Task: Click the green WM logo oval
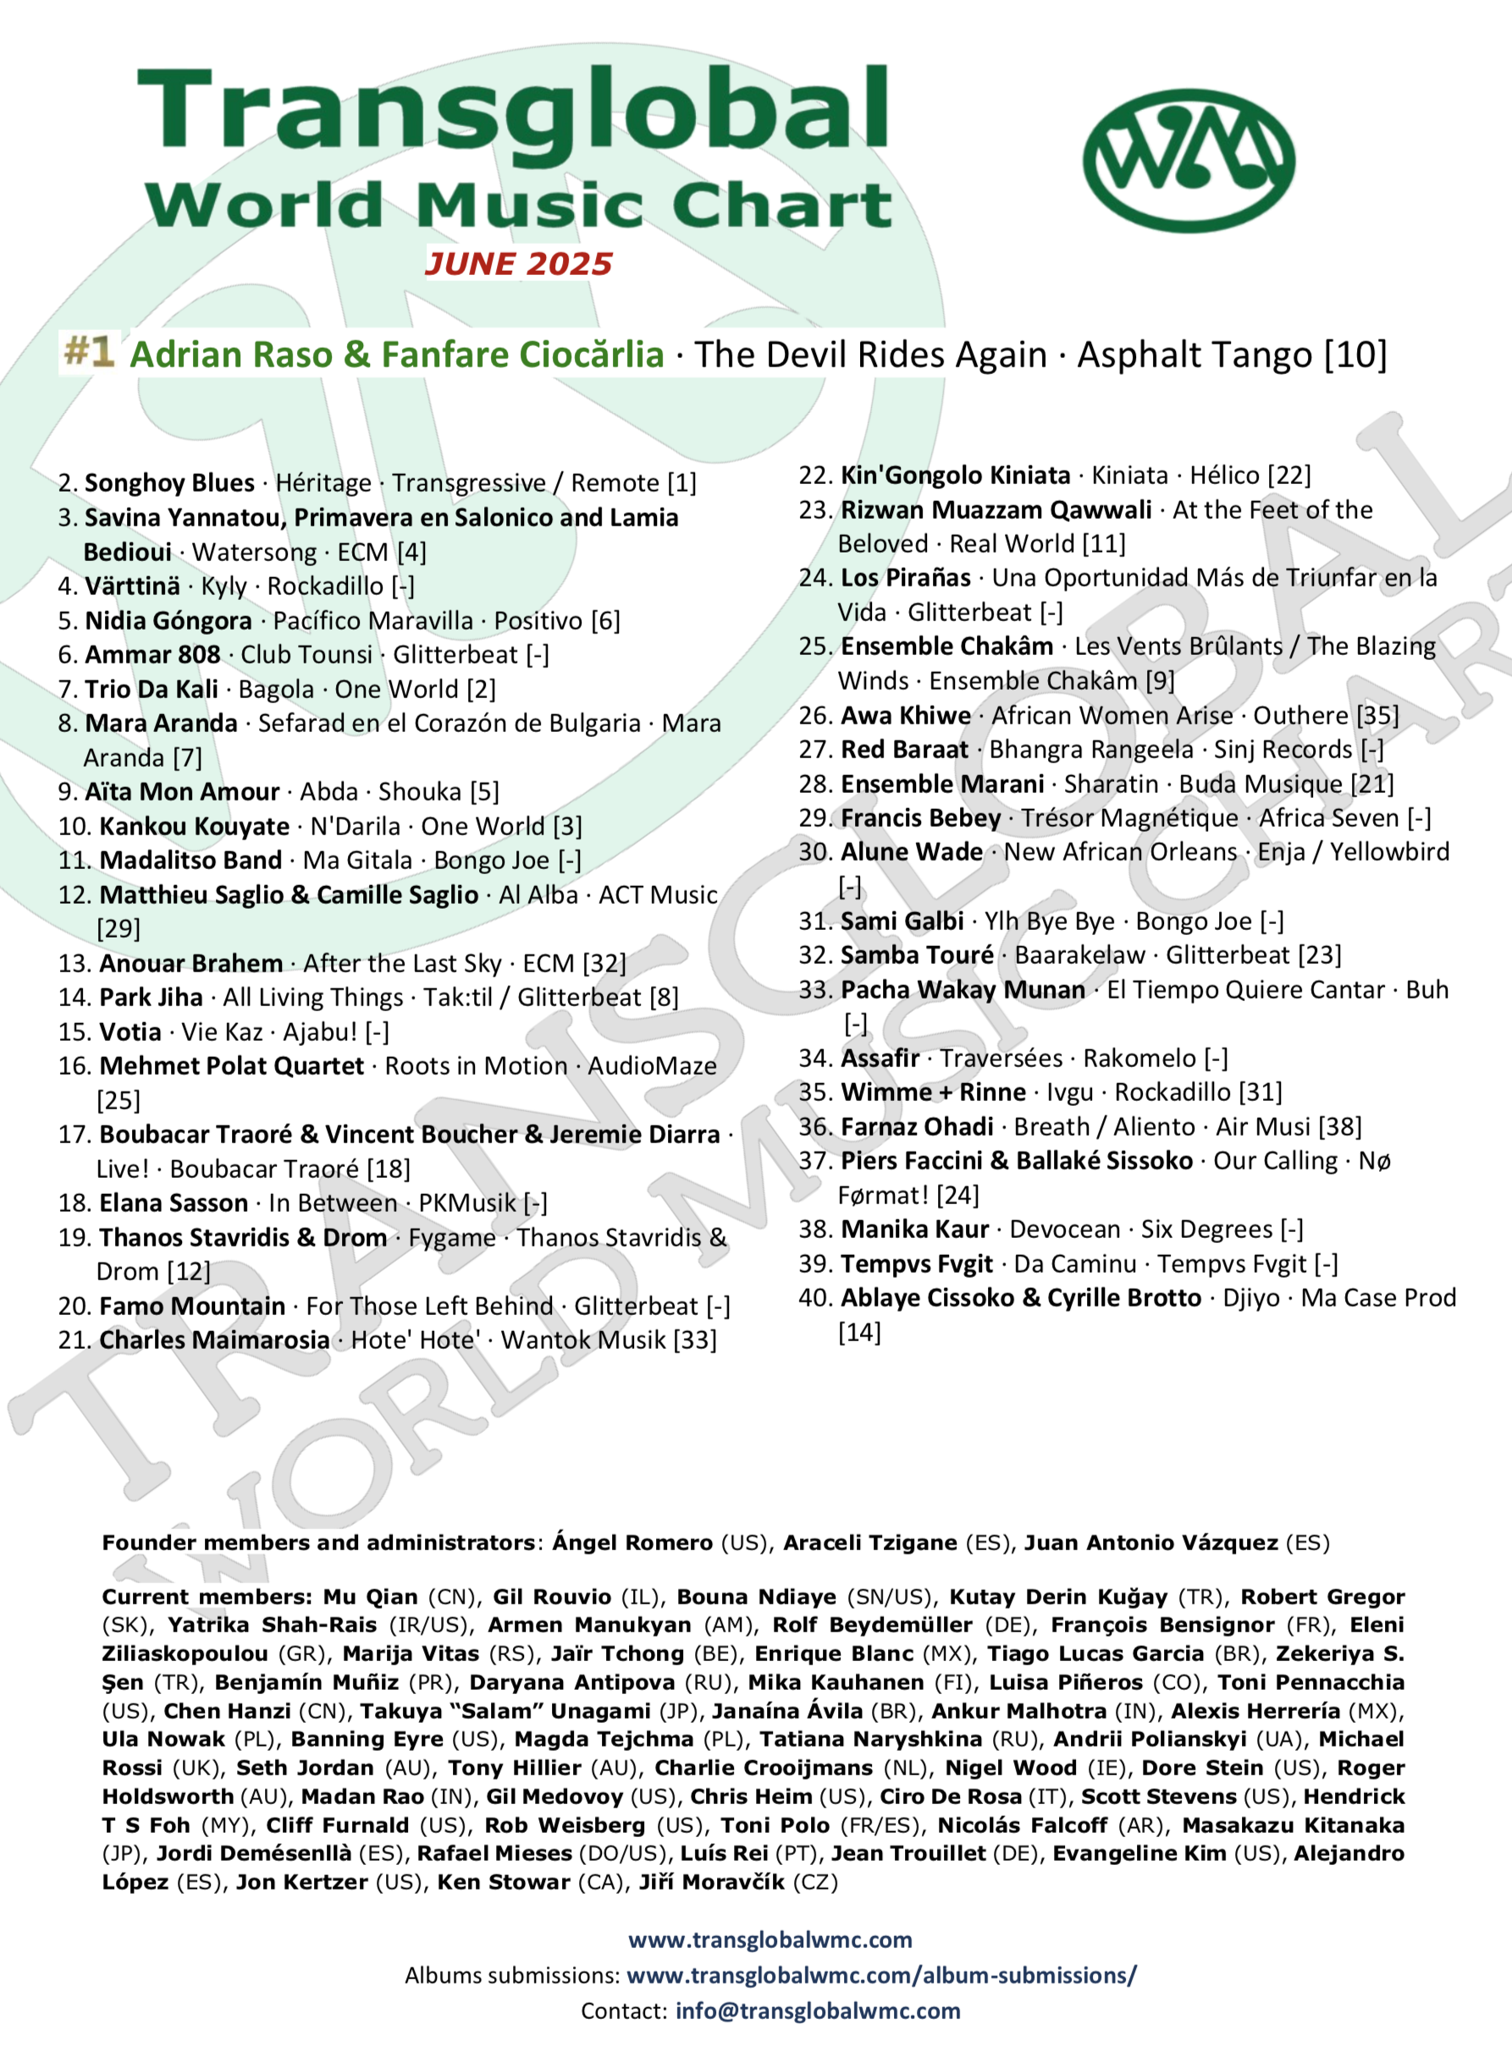[x=1188, y=160]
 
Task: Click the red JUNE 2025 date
[x=518, y=264]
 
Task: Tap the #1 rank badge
[x=89, y=351]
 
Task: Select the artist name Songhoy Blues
[x=169, y=483]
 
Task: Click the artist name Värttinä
[x=132, y=586]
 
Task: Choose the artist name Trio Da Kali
[x=151, y=690]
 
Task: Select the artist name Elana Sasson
[x=174, y=1204]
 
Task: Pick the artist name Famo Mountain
[x=192, y=1307]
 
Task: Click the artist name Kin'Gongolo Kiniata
[x=956, y=476]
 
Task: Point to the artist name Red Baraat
[x=904, y=751]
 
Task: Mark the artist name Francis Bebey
[x=921, y=819]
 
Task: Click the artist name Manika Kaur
[x=914, y=1230]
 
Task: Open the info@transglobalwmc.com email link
[x=817, y=2011]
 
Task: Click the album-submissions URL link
[x=880, y=1975]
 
